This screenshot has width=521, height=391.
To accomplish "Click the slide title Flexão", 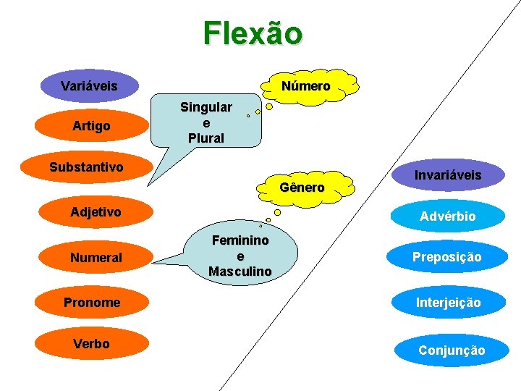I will coord(253,33).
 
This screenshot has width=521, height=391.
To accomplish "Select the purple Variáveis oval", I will coord(90,86).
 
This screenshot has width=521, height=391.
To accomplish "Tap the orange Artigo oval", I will coord(92,126).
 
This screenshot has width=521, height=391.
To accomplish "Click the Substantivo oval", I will coord(86,168).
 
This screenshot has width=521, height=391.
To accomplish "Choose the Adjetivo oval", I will coord(96,212).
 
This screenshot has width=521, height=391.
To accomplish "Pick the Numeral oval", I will coord(96,257).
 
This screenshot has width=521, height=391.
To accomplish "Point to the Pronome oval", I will coord(92,302).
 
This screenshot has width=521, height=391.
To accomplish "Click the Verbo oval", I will coord(92,344).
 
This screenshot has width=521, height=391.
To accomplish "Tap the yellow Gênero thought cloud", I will coord(302,188).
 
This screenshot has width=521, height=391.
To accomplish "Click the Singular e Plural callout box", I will coord(206,122).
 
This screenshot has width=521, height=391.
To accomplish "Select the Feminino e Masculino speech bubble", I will coord(240,255).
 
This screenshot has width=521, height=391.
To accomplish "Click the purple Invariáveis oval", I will coord(447,176).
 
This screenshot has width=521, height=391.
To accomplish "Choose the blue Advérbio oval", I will coord(447,216).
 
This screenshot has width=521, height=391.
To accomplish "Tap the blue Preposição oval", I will coord(446,257).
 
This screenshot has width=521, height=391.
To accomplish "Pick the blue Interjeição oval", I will coord(446,302).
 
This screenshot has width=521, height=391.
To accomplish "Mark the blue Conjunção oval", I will coord(452,350).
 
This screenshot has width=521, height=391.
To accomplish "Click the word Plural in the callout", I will coord(206,138).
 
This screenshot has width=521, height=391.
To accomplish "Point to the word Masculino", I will coord(240,272).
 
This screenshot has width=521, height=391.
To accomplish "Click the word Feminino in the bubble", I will coord(240,240).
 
